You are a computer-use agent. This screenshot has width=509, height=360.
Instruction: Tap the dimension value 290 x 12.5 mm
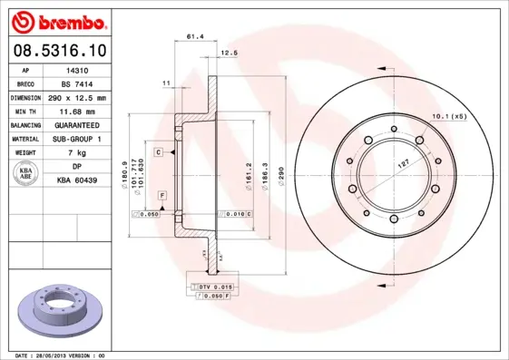[x=76, y=97]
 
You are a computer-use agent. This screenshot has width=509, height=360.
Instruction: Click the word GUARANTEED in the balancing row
[x=76, y=125]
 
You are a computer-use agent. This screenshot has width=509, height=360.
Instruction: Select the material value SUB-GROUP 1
[x=76, y=139]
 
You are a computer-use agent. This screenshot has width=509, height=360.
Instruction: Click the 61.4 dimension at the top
[x=193, y=37]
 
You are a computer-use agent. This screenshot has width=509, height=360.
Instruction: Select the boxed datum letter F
[x=162, y=196]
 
